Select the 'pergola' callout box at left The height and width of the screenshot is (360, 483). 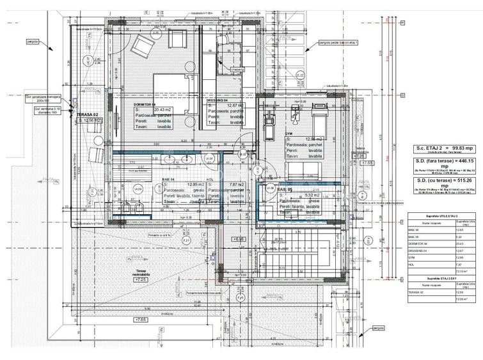tap(33, 40)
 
